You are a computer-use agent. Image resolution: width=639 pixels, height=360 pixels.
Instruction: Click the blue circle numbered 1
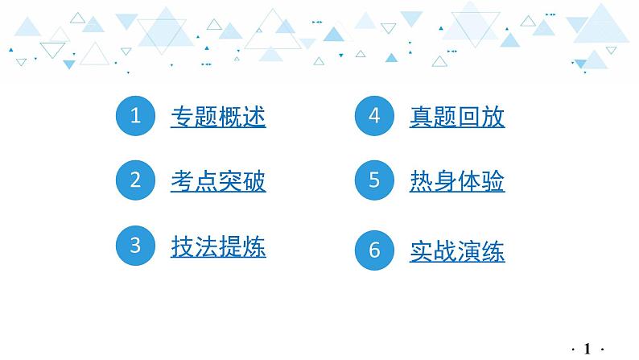point(135,117)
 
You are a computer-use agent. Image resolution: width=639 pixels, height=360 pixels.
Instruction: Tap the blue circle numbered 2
point(135,180)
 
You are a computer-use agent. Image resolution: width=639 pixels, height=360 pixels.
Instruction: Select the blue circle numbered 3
point(135,245)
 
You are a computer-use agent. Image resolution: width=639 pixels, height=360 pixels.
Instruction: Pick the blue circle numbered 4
point(374,117)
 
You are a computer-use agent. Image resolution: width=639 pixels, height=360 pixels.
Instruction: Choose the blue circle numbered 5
point(374,180)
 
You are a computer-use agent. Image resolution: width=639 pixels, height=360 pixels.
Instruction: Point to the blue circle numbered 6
point(374,250)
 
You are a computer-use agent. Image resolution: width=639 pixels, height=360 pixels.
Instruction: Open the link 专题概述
point(218,118)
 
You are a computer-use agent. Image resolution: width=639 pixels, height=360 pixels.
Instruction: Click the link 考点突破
point(218,181)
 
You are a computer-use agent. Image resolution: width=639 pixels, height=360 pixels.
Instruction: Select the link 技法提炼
point(218,246)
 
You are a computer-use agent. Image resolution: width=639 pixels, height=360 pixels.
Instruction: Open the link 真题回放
point(457,118)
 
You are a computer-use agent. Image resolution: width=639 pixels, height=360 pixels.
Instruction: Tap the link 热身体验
point(457,181)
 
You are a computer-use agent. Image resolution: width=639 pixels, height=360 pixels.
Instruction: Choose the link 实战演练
point(457,251)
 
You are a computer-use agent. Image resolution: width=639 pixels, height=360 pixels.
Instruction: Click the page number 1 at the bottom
point(587,348)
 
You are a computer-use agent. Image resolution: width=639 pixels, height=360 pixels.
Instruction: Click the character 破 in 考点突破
point(254,181)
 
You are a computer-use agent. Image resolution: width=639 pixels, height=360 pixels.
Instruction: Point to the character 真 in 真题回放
point(422,118)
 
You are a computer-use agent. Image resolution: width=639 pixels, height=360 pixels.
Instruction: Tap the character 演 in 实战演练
point(469,251)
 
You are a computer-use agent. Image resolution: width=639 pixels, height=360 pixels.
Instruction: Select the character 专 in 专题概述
point(183,118)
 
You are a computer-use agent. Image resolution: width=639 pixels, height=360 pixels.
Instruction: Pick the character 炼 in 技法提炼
point(254,246)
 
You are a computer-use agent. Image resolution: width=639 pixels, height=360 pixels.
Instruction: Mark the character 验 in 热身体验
point(493,181)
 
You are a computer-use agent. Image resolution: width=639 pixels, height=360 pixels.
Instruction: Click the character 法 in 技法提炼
point(206,246)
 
